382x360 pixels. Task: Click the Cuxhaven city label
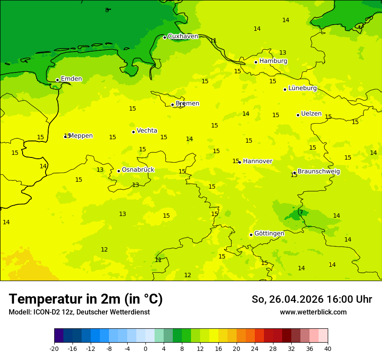(183, 36)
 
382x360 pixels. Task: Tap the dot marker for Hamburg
(256, 62)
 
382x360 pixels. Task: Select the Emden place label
(71, 79)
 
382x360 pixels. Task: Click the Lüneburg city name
(303, 88)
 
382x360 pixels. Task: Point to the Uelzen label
(311, 114)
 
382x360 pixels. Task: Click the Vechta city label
(147, 131)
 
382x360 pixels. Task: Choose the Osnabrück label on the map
(138, 170)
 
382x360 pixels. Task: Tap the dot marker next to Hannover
(239, 162)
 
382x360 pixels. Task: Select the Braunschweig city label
(319, 171)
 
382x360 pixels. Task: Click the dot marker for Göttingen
(251, 235)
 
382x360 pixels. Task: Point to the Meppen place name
(81, 136)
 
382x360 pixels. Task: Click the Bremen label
(188, 103)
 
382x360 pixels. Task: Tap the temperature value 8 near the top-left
(107, 10)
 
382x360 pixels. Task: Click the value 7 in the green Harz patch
(301, 212)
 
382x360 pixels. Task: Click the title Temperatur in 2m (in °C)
(86, 299)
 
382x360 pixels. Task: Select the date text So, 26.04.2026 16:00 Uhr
(312, 299)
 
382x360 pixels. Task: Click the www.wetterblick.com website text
(313, 312)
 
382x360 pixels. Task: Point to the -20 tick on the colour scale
(54, 349)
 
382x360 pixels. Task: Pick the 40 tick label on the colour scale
(328, 349)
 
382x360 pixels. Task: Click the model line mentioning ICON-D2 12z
(79, 312)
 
